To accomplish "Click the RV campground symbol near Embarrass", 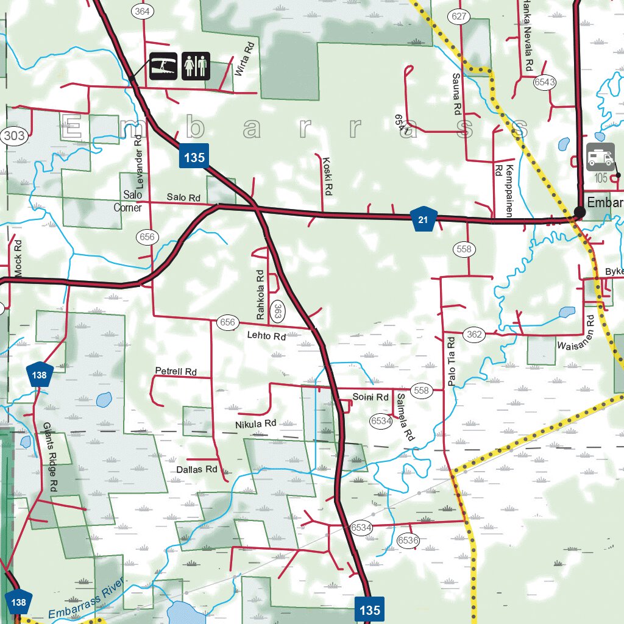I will [600, 157].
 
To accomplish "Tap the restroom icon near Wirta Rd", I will [196, 65].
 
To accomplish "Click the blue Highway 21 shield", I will [423, 219].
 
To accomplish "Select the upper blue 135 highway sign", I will [194, 157].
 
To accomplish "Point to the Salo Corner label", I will [128, 201].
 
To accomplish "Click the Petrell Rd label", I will [175, 371].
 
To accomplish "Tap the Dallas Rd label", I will [196, 469].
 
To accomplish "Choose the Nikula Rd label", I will [255, 423].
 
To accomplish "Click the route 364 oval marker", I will [142, 12].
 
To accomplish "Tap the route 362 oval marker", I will [474, 334].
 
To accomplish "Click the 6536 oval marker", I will [408, 540].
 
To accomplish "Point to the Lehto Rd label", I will [266, 336].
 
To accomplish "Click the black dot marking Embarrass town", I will [579, 211].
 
